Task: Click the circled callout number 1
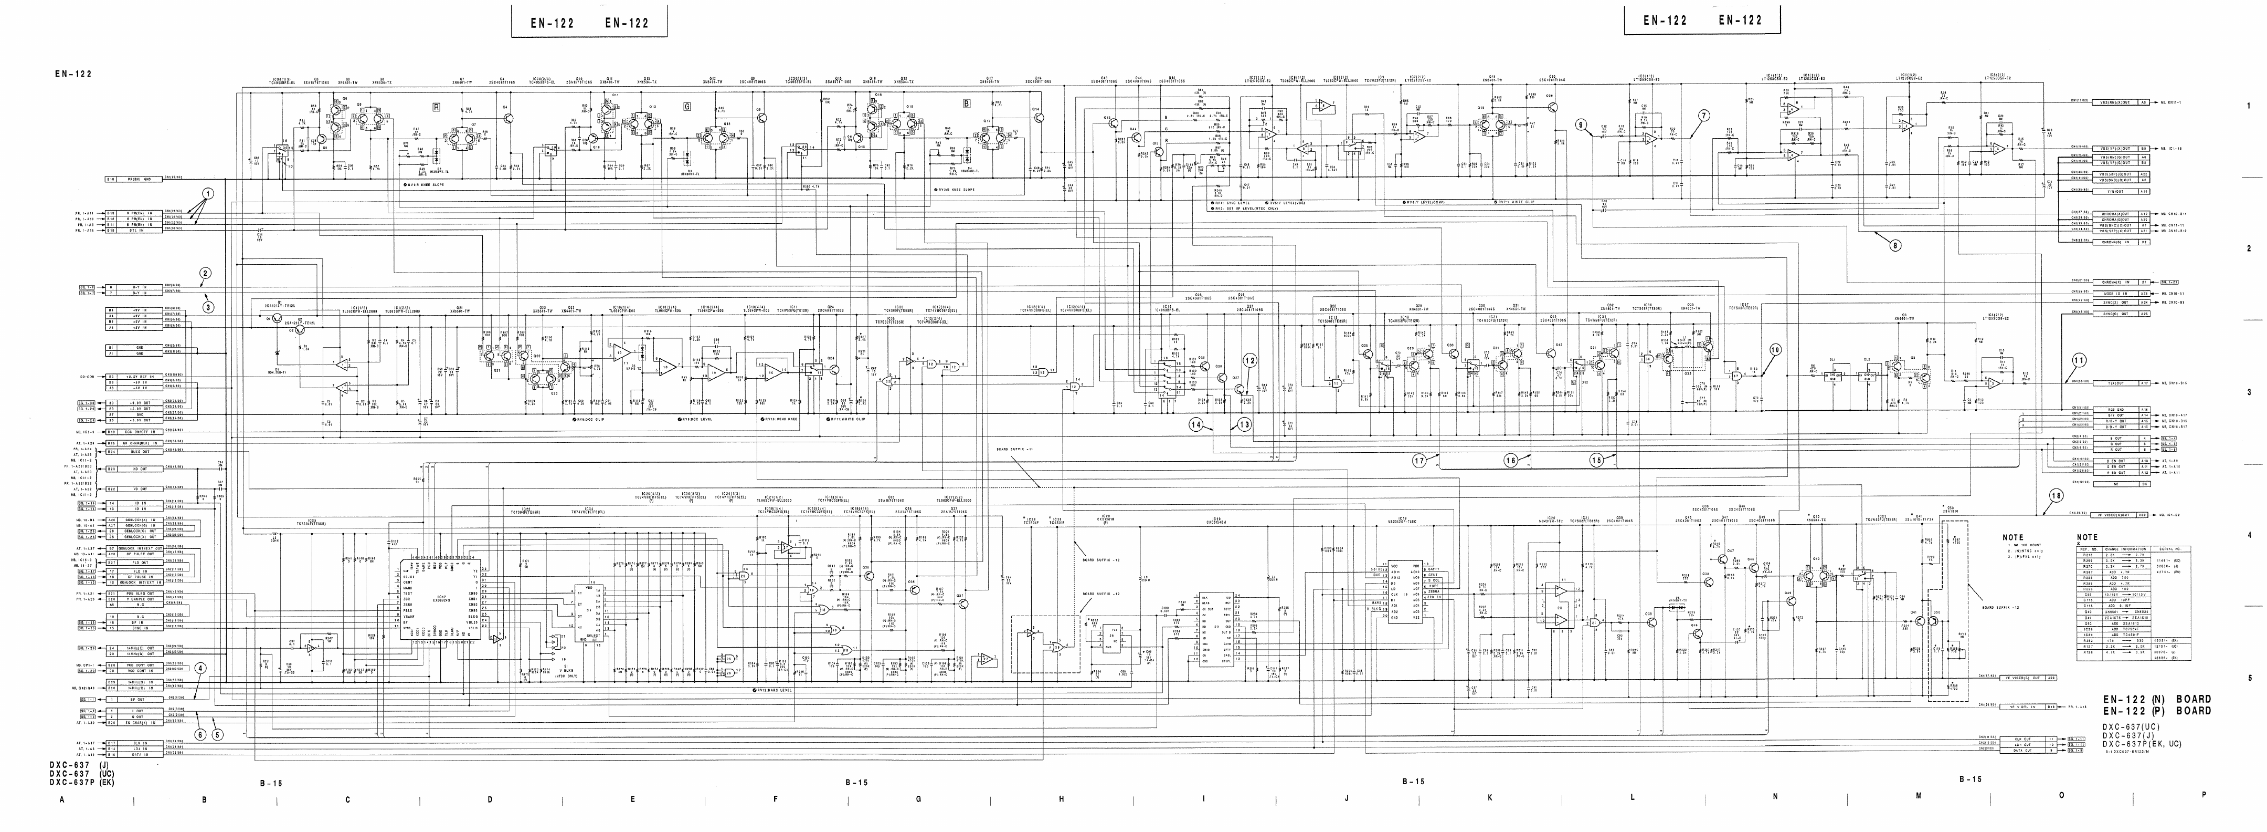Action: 208,194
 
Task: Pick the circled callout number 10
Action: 1774,349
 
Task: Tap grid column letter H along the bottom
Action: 1061,798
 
